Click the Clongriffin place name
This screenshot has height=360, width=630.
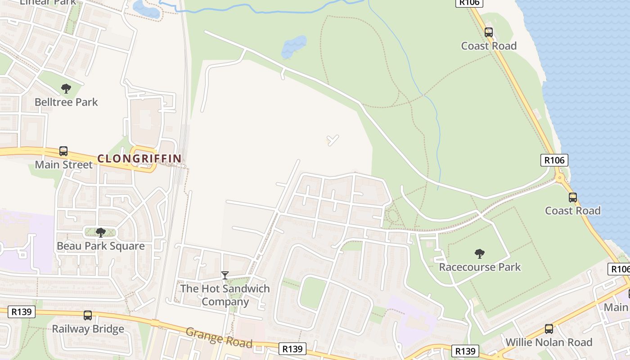[x=139, y=158]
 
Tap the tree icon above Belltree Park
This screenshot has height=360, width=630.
[x=66, y=89]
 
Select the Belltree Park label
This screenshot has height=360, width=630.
[x=66, y=102]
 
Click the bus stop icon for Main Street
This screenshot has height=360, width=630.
[x=63, y=151]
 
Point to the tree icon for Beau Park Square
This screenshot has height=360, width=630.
[x=101, y=233]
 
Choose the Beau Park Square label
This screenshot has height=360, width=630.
[x=101, y=246]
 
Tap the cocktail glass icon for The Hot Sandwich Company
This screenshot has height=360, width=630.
[x=225, y=275]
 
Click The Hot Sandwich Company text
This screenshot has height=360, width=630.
[x=225, y=295]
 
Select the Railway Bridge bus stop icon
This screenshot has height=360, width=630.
[x=88, y=315]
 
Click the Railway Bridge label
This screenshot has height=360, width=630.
[x=88, y=329]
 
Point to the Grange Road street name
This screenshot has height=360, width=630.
[x=219, y=337]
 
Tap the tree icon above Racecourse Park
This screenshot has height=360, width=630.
[x=480, y=254]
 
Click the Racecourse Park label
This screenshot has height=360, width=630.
[x=480, y=267]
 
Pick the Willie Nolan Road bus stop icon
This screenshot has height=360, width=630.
[x=549, y=329]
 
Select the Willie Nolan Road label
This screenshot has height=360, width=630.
[x=549, y=342]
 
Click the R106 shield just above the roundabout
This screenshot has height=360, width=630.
[x=554, y=160]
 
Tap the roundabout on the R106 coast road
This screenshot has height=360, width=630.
[x=560, y=178]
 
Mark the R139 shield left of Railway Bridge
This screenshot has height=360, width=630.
[x=22, y=312]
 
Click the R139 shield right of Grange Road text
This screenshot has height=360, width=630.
[x=292, y=349]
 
